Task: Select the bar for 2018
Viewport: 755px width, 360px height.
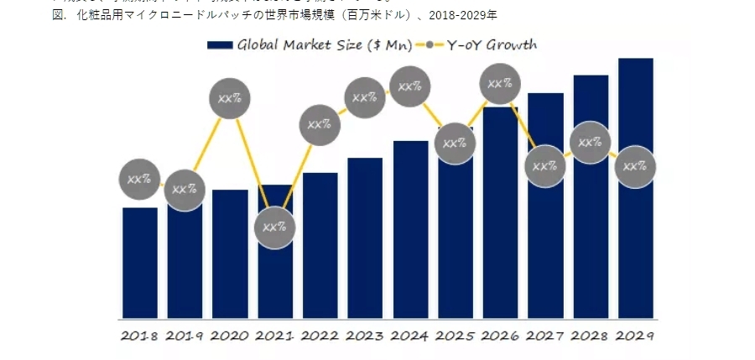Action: click(x=139, y=264)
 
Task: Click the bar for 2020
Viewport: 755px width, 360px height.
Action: click(x=230, y=256)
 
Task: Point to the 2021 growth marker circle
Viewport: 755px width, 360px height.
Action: click(x=274, y=227)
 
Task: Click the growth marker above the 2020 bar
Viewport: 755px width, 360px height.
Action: click(x=230, y=98)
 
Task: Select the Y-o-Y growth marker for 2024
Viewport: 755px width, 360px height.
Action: click(x=410, y=86)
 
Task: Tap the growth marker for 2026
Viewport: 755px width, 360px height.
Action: click(x=501, y=84)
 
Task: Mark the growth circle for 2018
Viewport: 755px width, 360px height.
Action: click(x=139, y=179)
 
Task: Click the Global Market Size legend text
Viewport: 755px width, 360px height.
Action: click(x=324, y=45)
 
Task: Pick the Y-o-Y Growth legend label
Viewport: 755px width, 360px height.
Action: click(x=491, y=45)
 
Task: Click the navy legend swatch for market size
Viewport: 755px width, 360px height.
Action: click(x=219, y=45)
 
